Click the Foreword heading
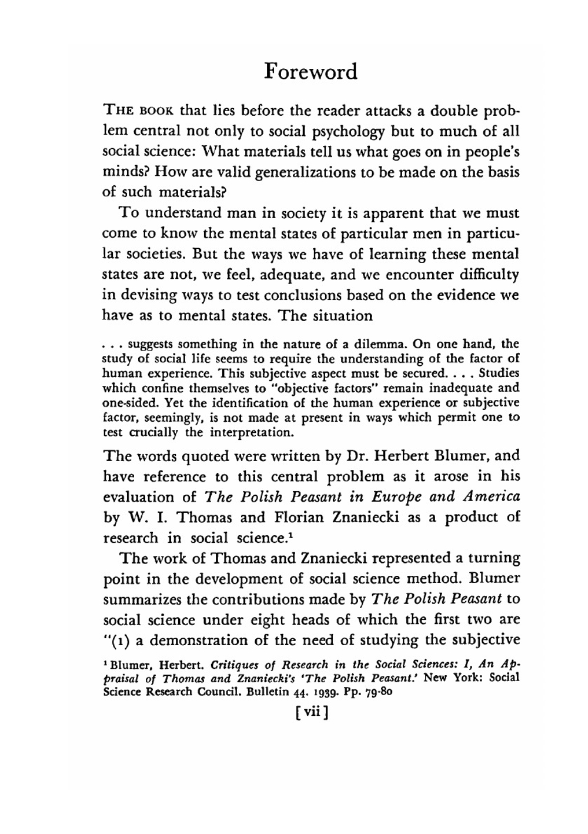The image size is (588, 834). click(x=310, y=72)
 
